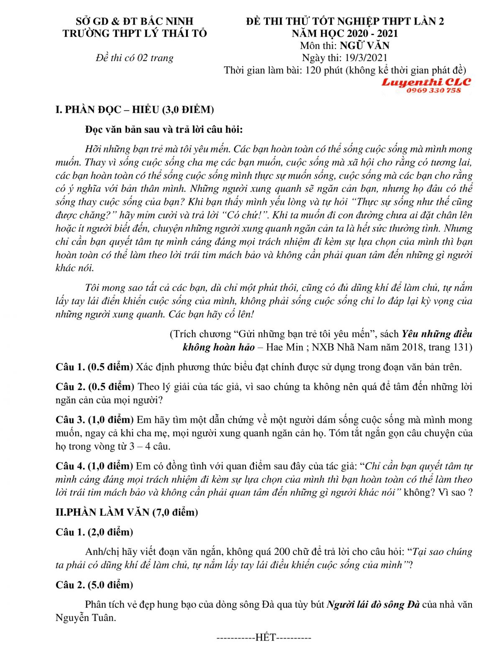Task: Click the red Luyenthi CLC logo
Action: click(x=426, y=82)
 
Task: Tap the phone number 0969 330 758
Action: click(x=433, y=90)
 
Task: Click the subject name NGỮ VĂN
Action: click(x=364, y=46)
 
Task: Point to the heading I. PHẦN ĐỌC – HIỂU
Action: click(x=134, y=109)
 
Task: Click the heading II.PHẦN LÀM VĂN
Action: click(x=126, y=512)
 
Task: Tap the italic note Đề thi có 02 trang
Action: click(x=134, y=58)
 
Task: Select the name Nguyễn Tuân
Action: click(x=85, y=618)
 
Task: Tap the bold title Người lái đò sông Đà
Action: click(x=373, y=604)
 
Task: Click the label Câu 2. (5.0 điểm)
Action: click(x=94, y=585)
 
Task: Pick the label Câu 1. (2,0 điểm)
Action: click(x=94, y=532)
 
